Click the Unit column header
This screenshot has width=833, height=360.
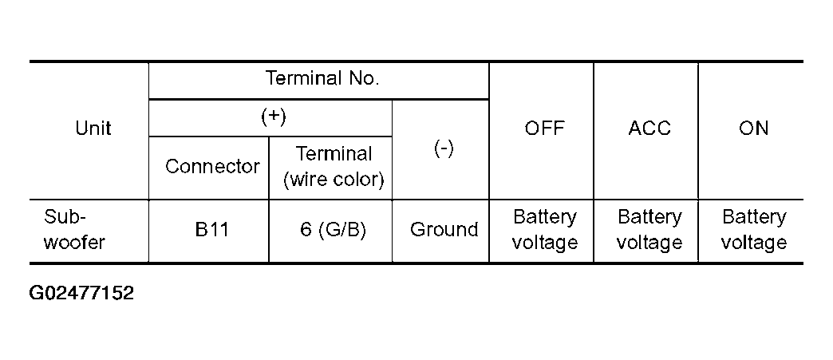tap(93, 129)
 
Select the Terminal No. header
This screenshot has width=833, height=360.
tap(322, 79)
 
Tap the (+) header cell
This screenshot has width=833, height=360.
tap(274, 117)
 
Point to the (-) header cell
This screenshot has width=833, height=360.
tap(444, 149)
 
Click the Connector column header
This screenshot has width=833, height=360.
tap(212, 167)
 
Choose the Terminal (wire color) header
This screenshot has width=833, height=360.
tap(334, 167)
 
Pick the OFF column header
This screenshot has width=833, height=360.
tap(545, 129)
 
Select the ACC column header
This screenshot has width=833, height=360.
tap(649, 129)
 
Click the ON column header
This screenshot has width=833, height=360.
tap(753, 129)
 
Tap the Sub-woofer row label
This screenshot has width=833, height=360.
tap(74, 230)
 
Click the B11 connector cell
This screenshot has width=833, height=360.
tap(211, 230)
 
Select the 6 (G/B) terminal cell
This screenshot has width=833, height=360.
tap(334, 230)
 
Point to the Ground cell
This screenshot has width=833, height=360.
tap(444, 230)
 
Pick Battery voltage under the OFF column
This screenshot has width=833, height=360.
tap(544, 230)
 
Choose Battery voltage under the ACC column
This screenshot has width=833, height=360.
tap(649, 230)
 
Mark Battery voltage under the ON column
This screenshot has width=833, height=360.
tap(753, 230)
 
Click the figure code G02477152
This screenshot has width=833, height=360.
tap(81, 293)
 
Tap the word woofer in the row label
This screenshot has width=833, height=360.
tap(74, 243)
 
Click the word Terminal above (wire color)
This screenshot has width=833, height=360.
tap(334, 154)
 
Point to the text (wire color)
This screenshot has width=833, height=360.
tap(334, 180)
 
